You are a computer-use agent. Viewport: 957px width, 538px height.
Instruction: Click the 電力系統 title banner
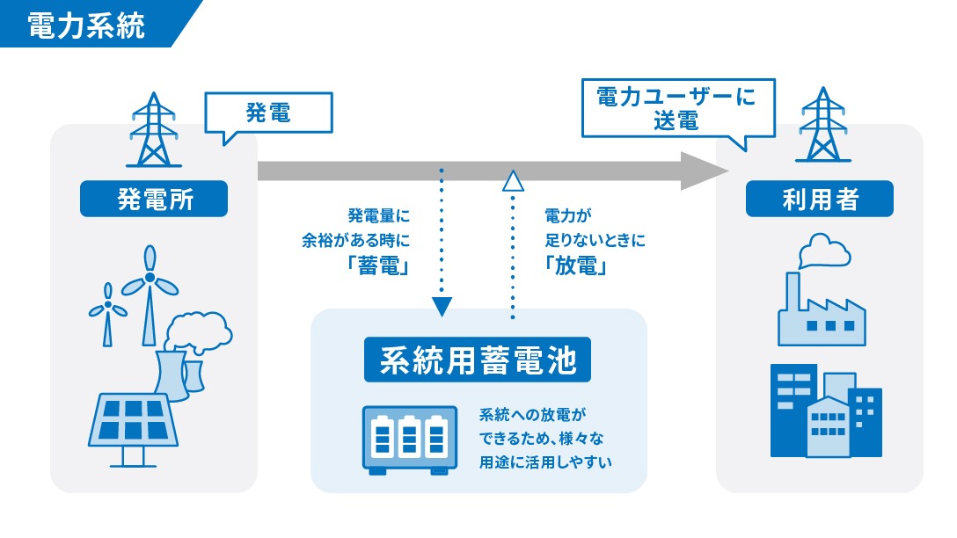click(85, 24)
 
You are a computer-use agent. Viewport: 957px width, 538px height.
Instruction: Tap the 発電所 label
click(155, 199)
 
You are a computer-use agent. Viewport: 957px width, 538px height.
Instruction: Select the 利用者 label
click(819, 199)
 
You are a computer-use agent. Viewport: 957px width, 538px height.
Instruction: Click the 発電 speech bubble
click(267, 113)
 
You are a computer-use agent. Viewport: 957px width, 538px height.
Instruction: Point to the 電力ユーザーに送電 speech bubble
click(676, 107)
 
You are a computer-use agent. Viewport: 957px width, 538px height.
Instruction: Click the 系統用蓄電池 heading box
click(478, 361)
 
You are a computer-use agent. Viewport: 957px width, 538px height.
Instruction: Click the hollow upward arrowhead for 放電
click(512, 181)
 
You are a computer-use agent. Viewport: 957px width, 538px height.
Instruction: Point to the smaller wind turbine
click(107, 312)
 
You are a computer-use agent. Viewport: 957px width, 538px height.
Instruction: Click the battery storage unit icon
click(411, 440)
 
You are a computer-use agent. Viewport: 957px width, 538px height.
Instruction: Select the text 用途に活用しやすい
click(544, 461)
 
